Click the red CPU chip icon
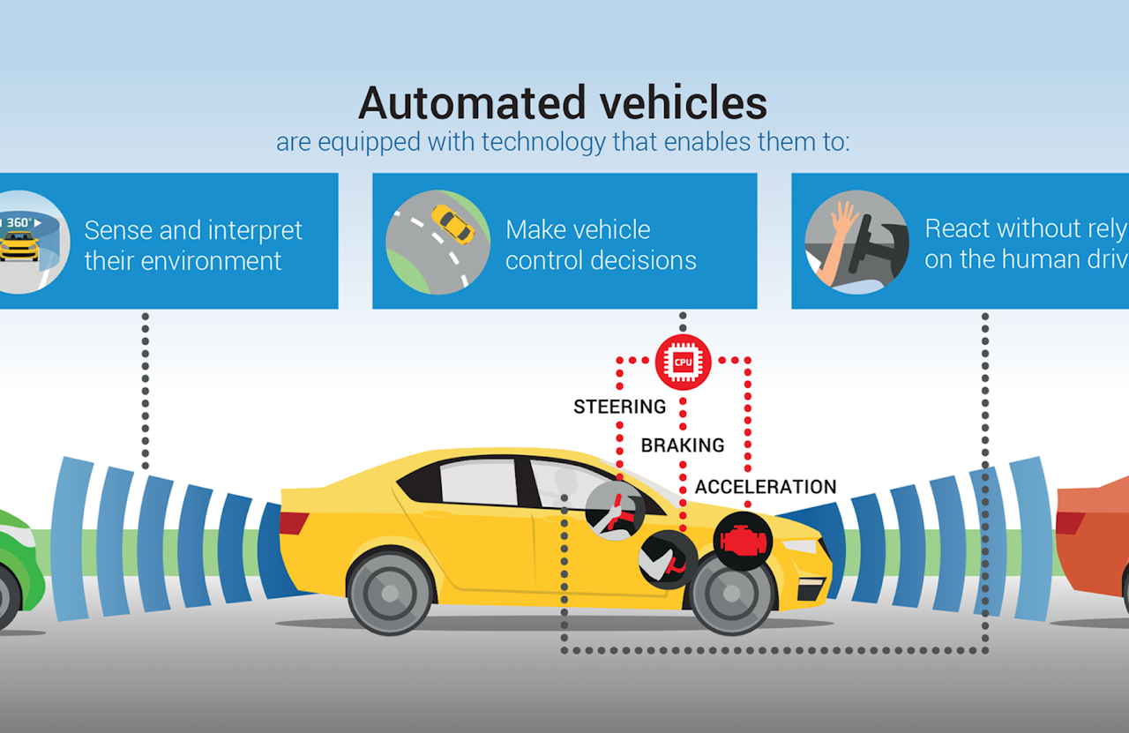click(x=683, y=362)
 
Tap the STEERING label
click(x=619, y=407)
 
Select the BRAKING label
click(x=683, y=445)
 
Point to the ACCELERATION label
click(x=766, y=487)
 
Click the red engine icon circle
click(x=743, y=541)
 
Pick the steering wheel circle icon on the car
click(x=614, y=509)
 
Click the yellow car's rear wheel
click(x=389, y=590)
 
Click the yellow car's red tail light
click(x=294, y=523)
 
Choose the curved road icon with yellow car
click(x=437, y=241)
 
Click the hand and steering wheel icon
click(x=856, y=242)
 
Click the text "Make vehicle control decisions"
click(x=601, y=245)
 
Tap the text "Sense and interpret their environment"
click(x=192, y=245)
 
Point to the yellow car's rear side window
click(x=476, y=482)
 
